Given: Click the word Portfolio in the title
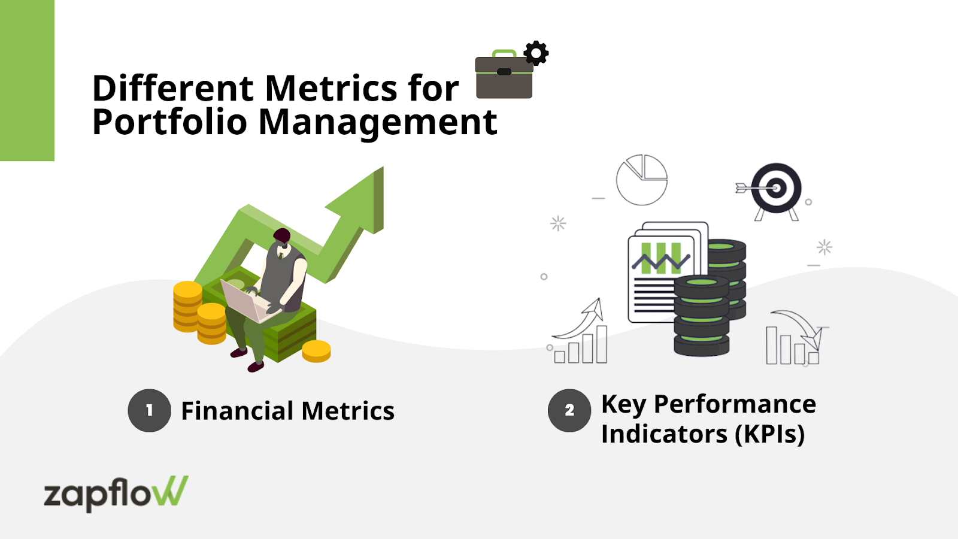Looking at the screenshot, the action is click(x=169, y=122).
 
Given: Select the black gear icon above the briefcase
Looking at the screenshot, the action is click(x=536, y=53).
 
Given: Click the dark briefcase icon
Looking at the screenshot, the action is click(x=504, y=74).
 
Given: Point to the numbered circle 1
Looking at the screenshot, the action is click(x=149, y=410).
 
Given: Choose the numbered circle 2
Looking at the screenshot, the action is click(x=569, y=410).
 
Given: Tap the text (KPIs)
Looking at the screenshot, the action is click(x=770, y=434).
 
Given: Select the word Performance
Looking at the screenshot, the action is click(x=735, y=404).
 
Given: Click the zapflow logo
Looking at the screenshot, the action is click(x=116, y=493).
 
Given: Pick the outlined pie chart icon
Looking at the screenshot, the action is click(x=641, y=180).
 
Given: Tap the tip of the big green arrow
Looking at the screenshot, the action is click(x=383, y=167).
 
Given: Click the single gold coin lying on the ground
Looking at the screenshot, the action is click(x=317, y=351).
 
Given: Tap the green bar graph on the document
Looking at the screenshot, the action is click(x=661, y=258).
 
